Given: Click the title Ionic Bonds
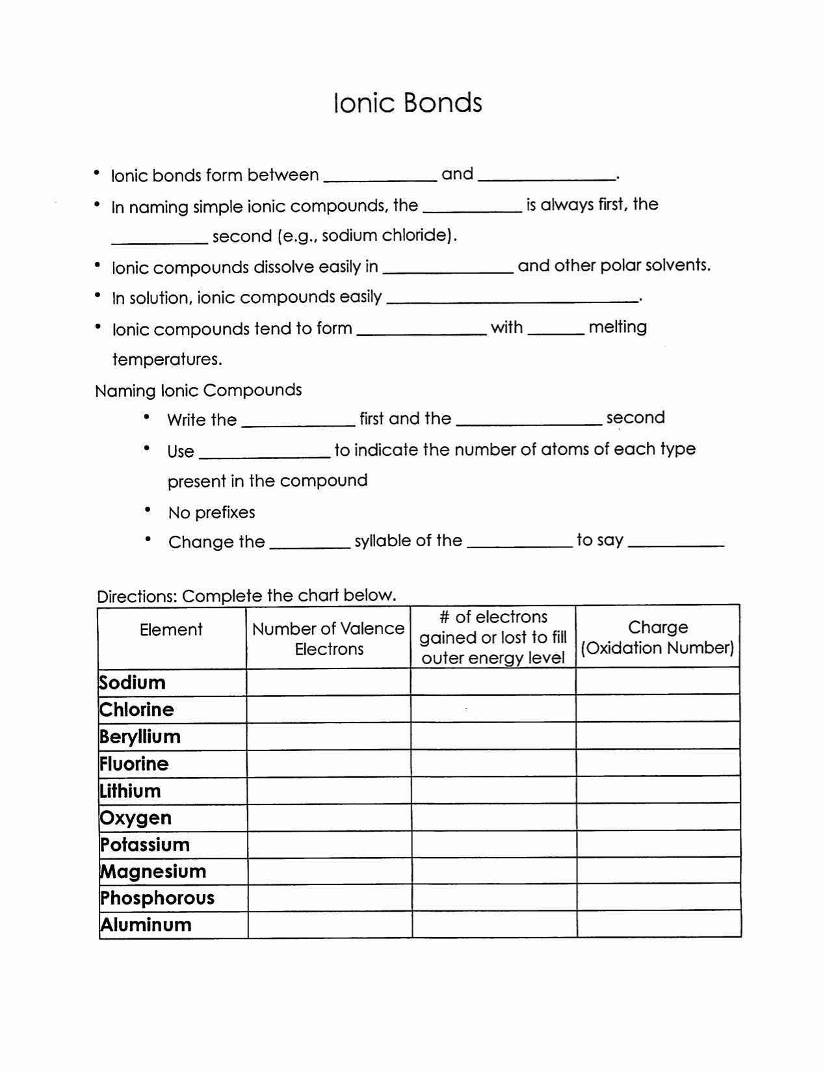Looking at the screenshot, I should [x=408, y=103].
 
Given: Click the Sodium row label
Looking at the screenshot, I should [x=133, y=683].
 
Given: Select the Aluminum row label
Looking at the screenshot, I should [x=146, y=925].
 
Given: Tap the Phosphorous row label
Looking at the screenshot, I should [x=157, y=898].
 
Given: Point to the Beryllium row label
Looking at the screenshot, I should [x=140, y=737].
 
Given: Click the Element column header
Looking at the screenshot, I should [x=171, y=629].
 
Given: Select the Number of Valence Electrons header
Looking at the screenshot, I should [x=328, y=639].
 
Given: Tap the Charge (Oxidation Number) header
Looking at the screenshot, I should [x=657, y=637].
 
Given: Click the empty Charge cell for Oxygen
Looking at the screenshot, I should [x=658, y=817].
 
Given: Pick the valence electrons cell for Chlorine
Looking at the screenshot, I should [x=328, y=709].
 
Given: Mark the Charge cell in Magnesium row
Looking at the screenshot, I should [x=658, y=871].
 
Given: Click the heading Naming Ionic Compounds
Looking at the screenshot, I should [x=198, y=390].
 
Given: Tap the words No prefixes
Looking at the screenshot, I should [x=211, y=512].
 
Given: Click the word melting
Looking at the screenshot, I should [x=618, y=326].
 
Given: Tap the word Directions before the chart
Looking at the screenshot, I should [x=136, y=596].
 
